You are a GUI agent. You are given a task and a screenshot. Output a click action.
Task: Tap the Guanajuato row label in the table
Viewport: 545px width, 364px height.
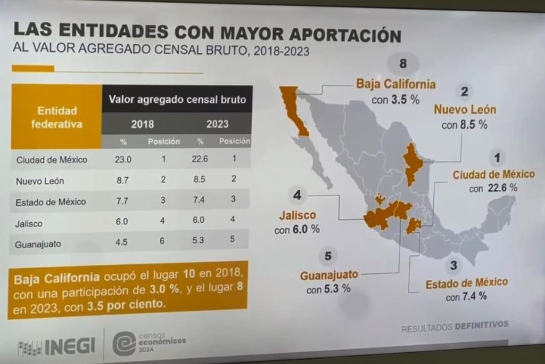39,245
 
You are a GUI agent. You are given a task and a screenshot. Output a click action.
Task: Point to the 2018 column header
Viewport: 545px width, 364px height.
142,124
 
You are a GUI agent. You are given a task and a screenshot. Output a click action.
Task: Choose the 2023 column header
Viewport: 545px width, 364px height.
217,124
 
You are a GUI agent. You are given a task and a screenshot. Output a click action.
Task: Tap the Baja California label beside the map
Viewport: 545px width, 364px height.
396,84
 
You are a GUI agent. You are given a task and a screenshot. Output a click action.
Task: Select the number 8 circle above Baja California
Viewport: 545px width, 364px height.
403,64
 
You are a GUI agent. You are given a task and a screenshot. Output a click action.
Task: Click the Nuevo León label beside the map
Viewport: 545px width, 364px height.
465,110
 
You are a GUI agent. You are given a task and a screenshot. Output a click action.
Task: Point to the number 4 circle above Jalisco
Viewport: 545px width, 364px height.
297,196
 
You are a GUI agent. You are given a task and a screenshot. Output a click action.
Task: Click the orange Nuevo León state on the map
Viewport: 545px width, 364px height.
411,162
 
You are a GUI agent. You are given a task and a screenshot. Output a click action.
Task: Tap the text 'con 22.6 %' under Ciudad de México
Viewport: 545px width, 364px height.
493,188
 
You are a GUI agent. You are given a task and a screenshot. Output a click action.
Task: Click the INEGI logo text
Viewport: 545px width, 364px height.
70,346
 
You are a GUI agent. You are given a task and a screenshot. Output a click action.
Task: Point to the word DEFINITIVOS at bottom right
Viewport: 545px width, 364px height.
482,324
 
